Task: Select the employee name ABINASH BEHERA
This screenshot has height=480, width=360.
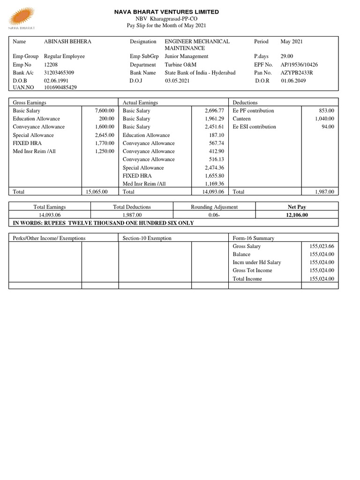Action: click(67, 42)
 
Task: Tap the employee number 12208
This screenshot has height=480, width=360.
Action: click(52, 65)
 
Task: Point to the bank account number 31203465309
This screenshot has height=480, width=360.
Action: click(59, 73)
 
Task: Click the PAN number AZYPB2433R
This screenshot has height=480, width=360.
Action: click(297, 73)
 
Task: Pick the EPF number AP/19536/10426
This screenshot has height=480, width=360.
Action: click(299, 65)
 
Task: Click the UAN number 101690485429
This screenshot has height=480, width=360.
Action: click(60, 87)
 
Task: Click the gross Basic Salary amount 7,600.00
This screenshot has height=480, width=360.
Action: click(105, 111)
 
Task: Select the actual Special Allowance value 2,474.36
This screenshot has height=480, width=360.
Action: click(215, 167)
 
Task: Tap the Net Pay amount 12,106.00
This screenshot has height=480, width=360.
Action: click(296, 215)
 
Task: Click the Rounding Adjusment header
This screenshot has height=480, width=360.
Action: click(214, 207)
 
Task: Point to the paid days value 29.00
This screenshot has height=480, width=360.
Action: click(287, 56)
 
